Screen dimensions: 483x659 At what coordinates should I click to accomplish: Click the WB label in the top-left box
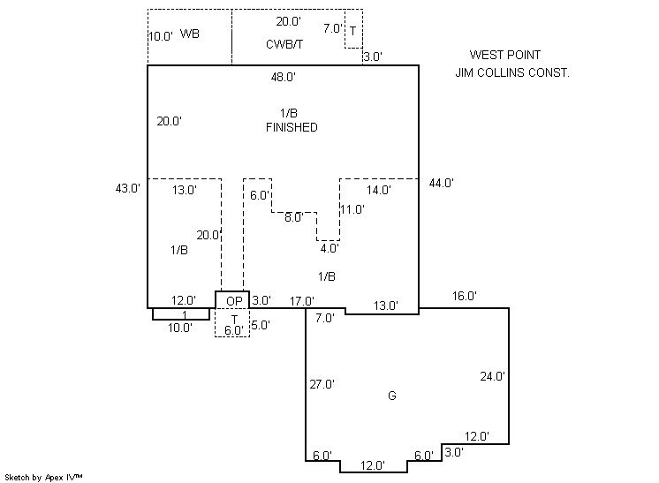pos(189,34)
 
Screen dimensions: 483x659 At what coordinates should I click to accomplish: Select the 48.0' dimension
pos(283,77)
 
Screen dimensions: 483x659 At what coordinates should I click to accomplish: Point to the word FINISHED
pos(292,127)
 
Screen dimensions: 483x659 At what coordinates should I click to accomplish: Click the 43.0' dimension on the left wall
pos(128,187)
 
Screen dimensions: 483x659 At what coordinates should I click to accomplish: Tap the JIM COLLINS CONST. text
pos(512,72)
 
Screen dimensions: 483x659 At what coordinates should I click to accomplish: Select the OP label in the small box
pos(233,301)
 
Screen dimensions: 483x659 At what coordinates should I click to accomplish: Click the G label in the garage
pos(391,396)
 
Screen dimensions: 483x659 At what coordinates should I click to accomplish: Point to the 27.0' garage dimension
pos(322,383)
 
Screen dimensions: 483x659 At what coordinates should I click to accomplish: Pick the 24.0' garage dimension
pos(492,375)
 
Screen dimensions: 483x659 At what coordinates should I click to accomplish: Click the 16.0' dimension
pos(464,296)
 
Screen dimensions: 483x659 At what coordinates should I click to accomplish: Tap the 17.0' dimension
pos(301,301)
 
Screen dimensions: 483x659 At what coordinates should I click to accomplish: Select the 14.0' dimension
pos(378,189)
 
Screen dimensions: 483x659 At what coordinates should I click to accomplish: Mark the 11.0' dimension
pos(352,209)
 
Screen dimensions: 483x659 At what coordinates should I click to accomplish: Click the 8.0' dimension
pos(292,216)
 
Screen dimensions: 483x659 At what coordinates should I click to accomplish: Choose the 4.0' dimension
pos(329,248)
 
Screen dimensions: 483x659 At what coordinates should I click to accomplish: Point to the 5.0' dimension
pos(260,325)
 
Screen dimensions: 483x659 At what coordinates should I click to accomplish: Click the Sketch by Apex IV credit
pos(44,476)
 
